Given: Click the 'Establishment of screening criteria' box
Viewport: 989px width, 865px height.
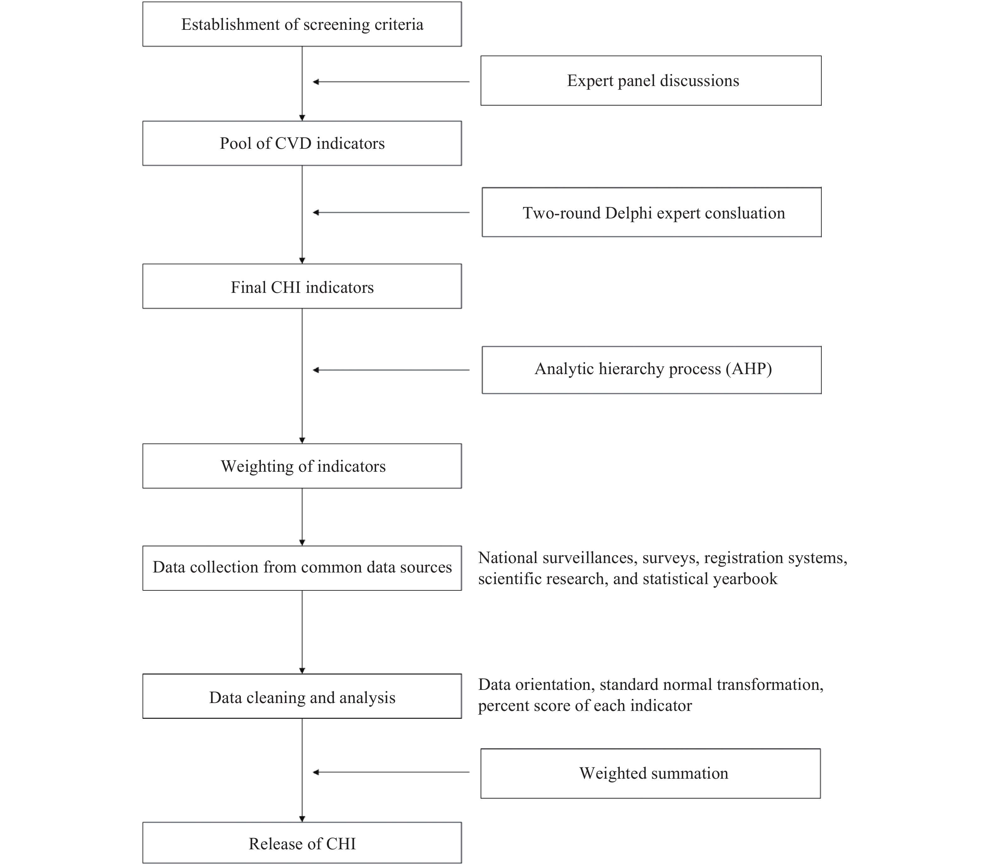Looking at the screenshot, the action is click(302, 24).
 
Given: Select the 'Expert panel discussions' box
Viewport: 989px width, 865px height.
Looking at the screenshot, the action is click(651, 81).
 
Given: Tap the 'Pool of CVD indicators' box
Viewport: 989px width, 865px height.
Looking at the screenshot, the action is click(302, 143).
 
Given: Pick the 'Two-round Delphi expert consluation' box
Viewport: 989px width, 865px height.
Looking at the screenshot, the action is click(652, 212).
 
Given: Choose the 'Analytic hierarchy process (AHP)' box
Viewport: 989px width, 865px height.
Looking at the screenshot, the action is click(652, 370).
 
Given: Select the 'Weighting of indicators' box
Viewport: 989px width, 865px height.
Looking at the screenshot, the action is click(302, 466).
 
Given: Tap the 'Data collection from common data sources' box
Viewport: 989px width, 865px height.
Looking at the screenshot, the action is click(302, 568).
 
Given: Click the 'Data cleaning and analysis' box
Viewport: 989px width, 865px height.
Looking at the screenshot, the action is click(302, 696).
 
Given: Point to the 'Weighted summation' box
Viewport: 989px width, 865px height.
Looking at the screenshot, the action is click(651, 773).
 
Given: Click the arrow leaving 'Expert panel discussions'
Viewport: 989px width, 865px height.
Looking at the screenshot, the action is click(391, 82).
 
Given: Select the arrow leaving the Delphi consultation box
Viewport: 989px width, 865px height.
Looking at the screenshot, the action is click(391, 212).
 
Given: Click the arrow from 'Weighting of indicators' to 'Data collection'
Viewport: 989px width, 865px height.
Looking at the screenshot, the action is click(302, 517).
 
